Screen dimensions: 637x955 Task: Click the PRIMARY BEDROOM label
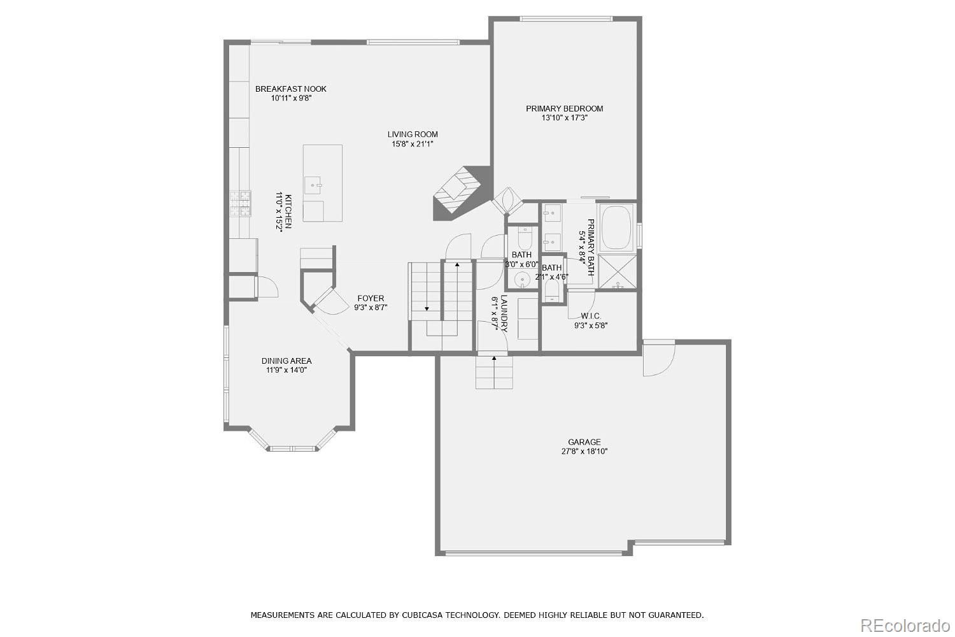(x=564, y=108)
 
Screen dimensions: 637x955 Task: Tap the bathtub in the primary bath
(x=616, y=227)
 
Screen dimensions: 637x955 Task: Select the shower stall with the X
(x=617, y=271)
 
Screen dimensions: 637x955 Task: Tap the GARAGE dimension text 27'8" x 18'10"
(x=584, y=451)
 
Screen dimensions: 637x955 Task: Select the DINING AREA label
(x=286, y=361)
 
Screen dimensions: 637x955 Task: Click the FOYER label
(x=371, y=298)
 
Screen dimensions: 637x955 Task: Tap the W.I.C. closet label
(x=591, y=316)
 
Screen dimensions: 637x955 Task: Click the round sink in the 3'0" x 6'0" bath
(x=523, y=278)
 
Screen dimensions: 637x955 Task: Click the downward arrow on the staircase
(x=427, y=308)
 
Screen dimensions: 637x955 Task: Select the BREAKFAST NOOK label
(x=291, y=89)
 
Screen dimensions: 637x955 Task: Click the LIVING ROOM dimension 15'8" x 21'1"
(x=413, y=144)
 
